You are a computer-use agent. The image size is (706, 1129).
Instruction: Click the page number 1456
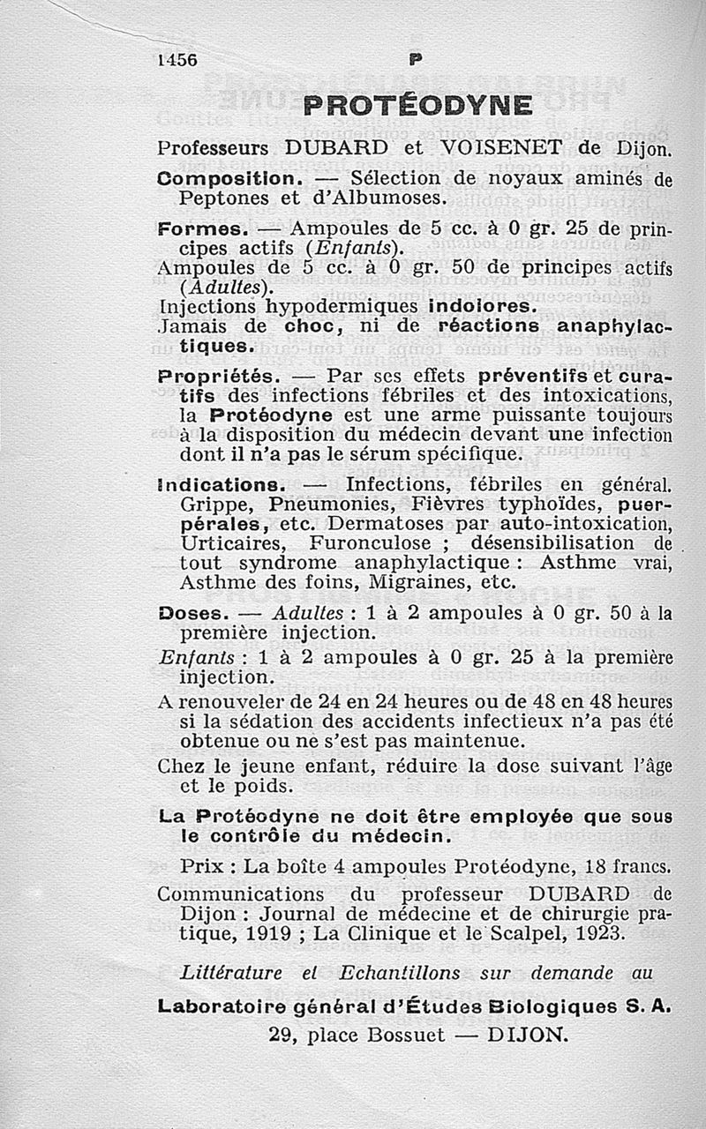click(x=177, y=60)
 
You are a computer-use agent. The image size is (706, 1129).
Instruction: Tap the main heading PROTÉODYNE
click(x=417, y=106)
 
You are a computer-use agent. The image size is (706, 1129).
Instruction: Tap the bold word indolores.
click(x=481, y=307)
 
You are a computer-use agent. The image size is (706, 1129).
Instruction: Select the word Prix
click(x=200, y=866)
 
